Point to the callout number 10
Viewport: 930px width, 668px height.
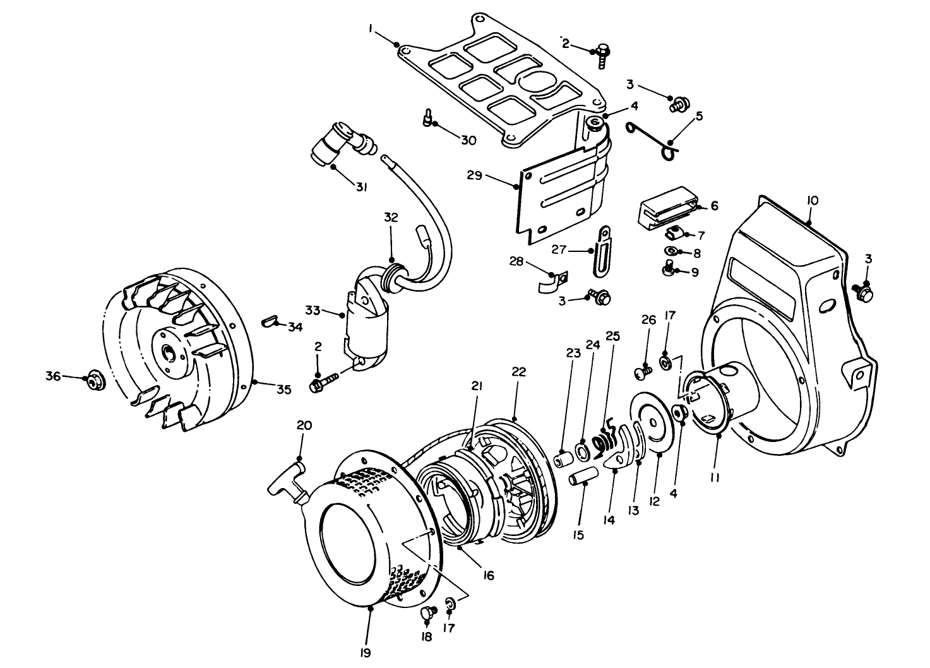pos(812,200)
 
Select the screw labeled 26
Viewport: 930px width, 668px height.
pos(642,374)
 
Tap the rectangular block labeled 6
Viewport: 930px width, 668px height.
pos(669,206)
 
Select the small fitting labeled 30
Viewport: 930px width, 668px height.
pos(428,118)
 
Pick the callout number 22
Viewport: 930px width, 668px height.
pos(518,372)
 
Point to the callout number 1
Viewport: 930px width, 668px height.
pos(372,28)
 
